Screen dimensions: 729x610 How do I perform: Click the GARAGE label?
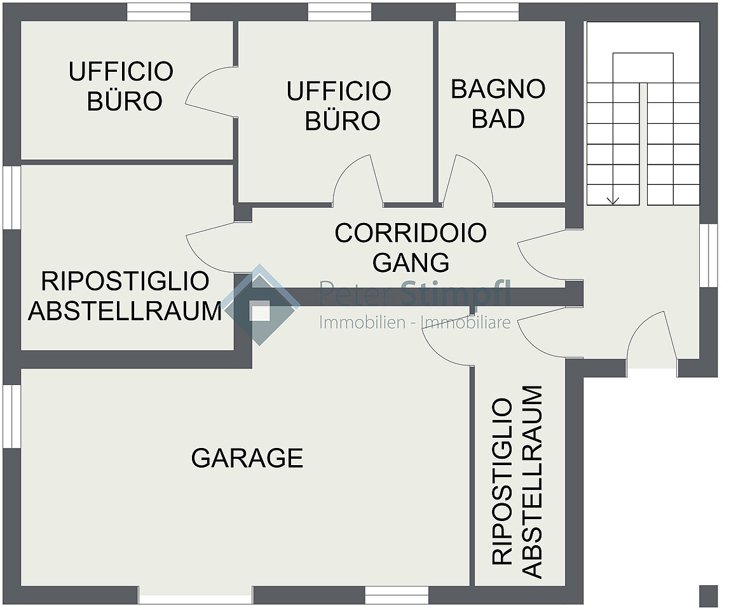pyautogui.click(x=247, y=458)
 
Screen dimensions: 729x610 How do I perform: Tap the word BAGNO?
pyautogui.click(x=498, y=89)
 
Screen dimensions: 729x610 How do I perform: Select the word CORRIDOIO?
pyautogui.click(x=411, y=233)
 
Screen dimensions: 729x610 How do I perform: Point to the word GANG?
pyautogui.click(x=411, y=262)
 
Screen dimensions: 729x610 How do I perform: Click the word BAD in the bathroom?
pyautogui.click(x=498, y=119)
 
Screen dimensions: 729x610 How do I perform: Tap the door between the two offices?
pyautogui.click(x=209, y=91)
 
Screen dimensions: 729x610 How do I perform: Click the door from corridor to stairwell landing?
pyautogui.click(x=542, y=255)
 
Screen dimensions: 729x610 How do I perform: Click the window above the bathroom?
pyautogui.click(x=487, y=12)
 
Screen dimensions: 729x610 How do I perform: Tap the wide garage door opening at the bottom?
pyautogui.click(x=196, y=595)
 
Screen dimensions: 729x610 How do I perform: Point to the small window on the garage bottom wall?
pyautogui.click(x=397, y=595)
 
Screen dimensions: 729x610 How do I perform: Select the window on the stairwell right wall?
pyautogui.click(x=709, y=255)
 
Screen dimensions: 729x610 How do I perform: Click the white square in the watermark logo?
pyautogui.click(x=259, y=311)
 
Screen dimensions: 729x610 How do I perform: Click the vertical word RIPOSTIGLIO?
pyautogui.click(x=501, y=481)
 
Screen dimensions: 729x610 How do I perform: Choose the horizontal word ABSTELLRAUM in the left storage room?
pyautogui.click(x=125, y=311)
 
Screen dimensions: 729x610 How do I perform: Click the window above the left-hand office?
pyautogui.click(x=159, y=12)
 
